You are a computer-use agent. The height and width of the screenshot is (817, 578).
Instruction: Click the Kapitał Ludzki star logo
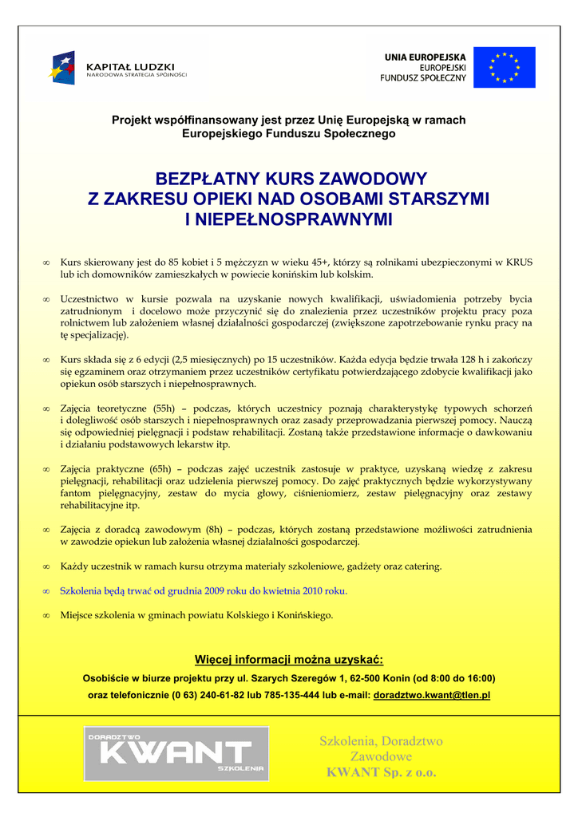pyautogui.click(x=63, y=67)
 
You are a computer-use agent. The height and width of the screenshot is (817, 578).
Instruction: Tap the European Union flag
pyautogui.click(x=504, y=67)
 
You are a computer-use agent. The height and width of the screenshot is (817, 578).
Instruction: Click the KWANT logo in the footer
pyautogui.click(x=176, y=753)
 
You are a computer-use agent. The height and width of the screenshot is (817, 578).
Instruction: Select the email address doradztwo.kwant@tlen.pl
pyautogui.click(x=431, y=695)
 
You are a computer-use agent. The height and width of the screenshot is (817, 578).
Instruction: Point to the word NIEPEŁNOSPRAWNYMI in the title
pyautogui.click(x=288, y=219)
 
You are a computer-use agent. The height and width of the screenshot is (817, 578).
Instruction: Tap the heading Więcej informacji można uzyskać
pyautogui.click(x=289, y=659)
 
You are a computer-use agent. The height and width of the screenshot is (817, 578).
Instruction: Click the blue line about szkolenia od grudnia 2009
pyautogui.click(x=204, y=590)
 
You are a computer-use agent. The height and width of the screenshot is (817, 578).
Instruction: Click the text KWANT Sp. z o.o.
pyautogui.click(x=381, y=772)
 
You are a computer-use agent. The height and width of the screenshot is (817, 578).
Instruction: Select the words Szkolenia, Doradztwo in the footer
pyautogui.click(x=381, y=741)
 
